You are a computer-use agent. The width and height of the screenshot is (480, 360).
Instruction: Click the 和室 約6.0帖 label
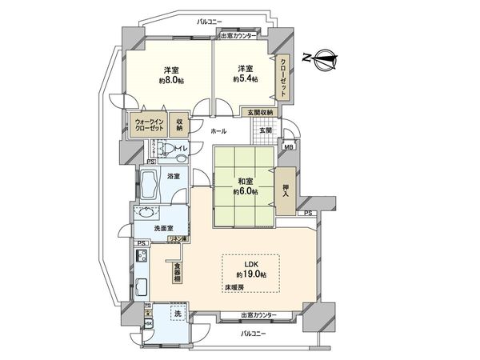pos(243,186)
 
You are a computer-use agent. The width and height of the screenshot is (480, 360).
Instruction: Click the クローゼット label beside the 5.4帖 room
pos(284,78)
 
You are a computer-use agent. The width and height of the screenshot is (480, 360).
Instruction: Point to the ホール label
pos(218,130)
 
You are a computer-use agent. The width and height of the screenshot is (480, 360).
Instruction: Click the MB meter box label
pos(288,146)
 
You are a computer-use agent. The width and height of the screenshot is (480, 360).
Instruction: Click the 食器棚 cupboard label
pos(178,272)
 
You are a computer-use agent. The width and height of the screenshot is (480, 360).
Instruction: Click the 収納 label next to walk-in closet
pos(178,125)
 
